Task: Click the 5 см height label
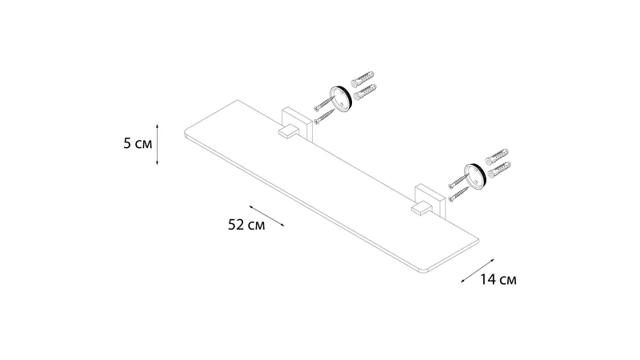[138, 144]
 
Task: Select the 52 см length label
[246, 225]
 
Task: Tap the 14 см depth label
[498, 279]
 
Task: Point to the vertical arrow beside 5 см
[157, 145]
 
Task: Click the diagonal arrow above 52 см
[266, 216]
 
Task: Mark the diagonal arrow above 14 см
[478, 270]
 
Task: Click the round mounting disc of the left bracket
[341, 98]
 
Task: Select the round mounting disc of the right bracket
[474, 176]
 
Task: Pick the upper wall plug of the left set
[362, 78]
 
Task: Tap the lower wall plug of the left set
[365, 92]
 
